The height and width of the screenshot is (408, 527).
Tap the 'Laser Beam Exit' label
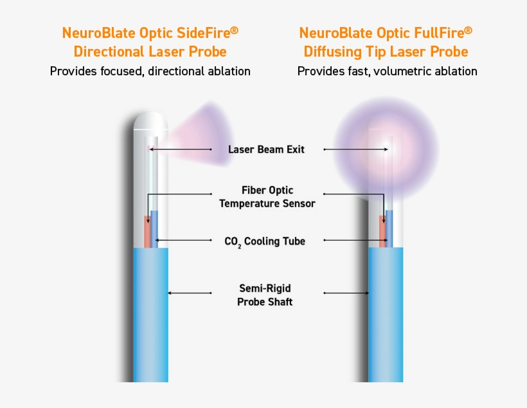pos(266,150)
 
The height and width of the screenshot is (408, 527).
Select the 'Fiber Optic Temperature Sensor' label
pos(267,197)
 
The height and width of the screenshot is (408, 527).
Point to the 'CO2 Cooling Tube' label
pos(264,241)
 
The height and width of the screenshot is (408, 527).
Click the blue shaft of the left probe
pos(150,315)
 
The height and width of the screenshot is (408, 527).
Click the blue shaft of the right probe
pos(386,315)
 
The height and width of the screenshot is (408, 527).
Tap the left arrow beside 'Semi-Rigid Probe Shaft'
pos(190,293)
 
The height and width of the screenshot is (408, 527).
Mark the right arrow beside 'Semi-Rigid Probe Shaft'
pos(346,293)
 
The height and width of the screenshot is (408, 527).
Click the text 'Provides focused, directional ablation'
pos(150,71)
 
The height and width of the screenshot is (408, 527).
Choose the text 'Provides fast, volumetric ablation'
pos(387,71)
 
